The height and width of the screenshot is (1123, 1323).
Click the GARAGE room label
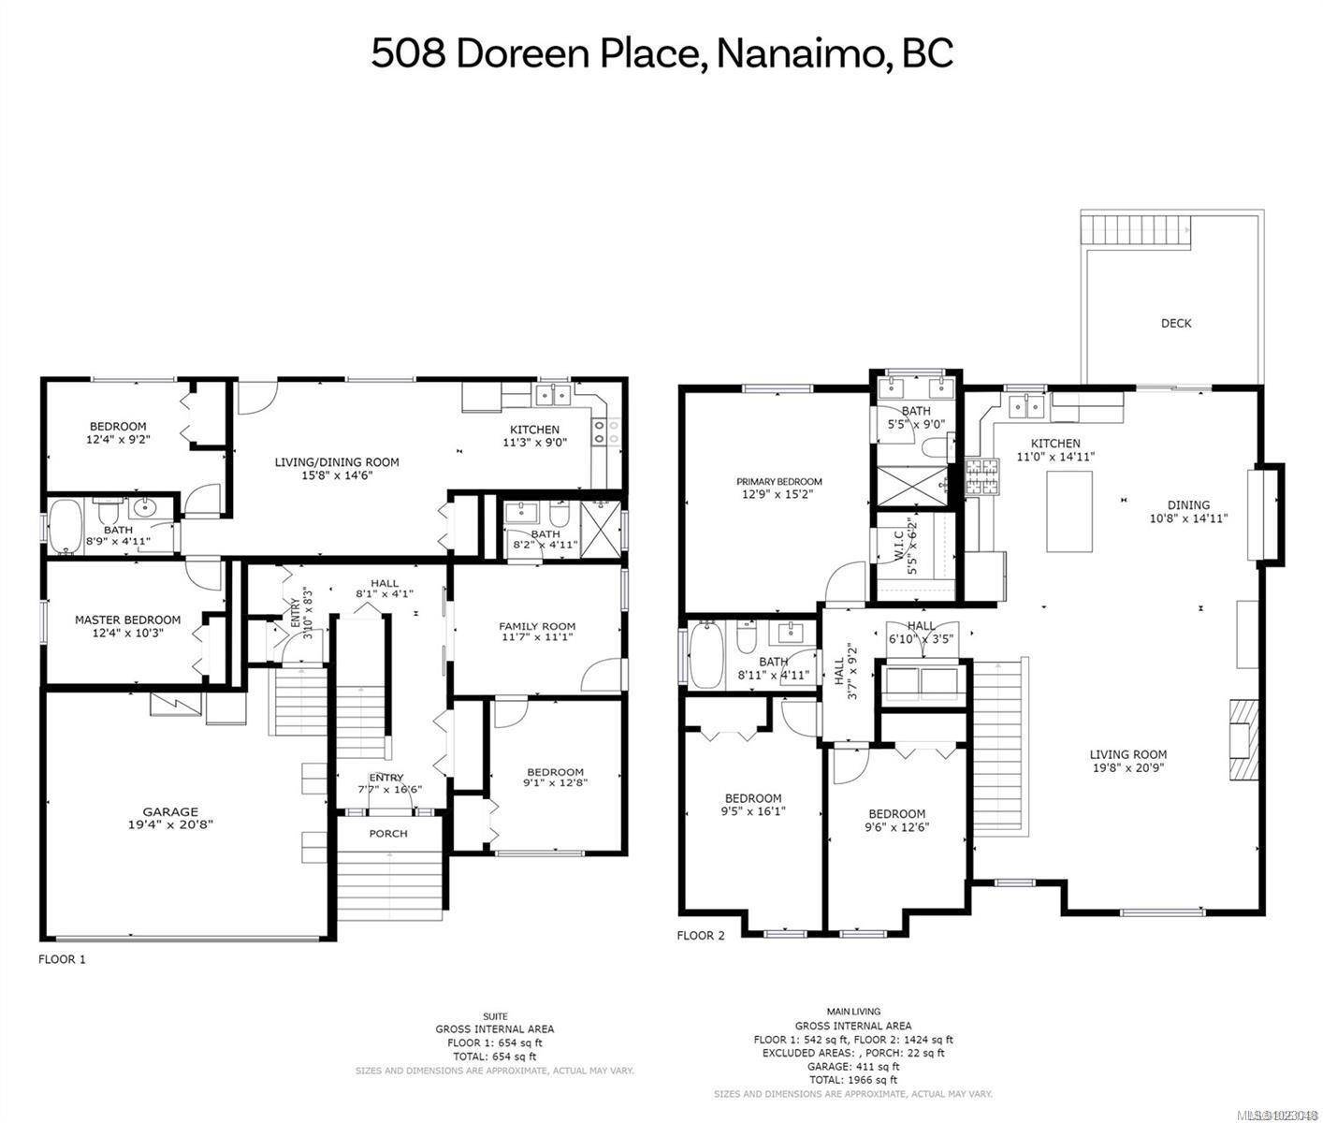point(170,811)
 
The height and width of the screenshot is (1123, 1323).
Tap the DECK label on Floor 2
point(1176,323)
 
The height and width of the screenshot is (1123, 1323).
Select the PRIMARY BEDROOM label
point(778,482)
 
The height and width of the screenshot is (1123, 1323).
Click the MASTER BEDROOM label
point(127,620)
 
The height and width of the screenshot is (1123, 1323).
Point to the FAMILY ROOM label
point(536,626)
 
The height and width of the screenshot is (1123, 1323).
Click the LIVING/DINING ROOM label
point(337,461)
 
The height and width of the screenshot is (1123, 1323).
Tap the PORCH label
point(388,833)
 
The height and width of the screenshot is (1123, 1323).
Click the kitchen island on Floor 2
point(1069,511)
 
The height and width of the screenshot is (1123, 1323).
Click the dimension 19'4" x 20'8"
point(170,824)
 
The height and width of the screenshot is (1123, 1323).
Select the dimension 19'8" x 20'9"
point(1127,767)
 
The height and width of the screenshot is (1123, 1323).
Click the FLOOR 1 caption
point(62,959)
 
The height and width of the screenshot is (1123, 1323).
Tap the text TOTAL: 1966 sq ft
point(853,1079)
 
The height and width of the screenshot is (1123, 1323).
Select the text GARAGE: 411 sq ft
point(853,1066)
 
